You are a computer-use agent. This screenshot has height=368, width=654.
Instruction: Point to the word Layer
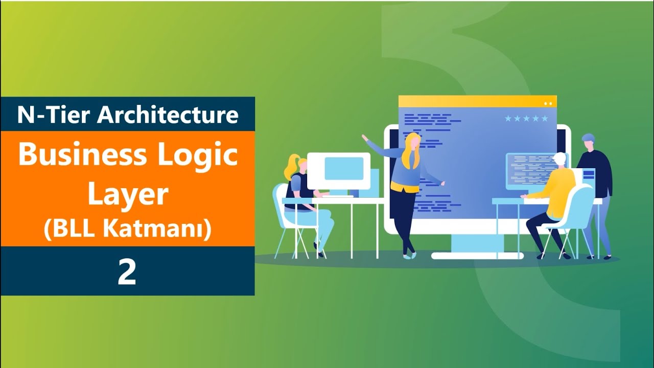coord(128,195)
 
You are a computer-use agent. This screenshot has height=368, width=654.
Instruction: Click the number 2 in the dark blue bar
coord(127,272)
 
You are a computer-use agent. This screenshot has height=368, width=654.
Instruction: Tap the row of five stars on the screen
coord(526,119)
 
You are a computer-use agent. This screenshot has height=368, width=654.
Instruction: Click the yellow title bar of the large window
coord(477,101)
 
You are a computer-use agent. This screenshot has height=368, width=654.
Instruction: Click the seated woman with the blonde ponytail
coord(301,199)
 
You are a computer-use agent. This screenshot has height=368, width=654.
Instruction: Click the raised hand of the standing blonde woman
coord(365,137)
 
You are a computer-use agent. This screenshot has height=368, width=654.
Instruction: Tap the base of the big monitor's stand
coord(477,255)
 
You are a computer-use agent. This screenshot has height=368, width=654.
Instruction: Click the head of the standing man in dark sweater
coord(589,141)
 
